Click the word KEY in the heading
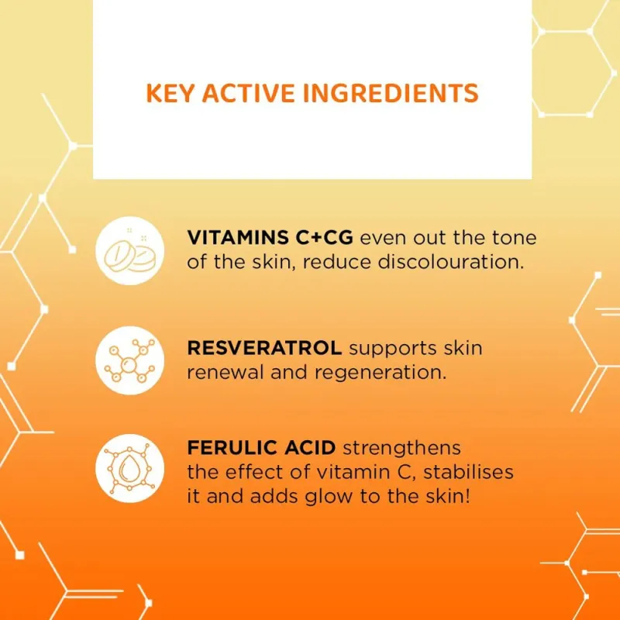(170, 94)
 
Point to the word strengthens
(401, 447)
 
